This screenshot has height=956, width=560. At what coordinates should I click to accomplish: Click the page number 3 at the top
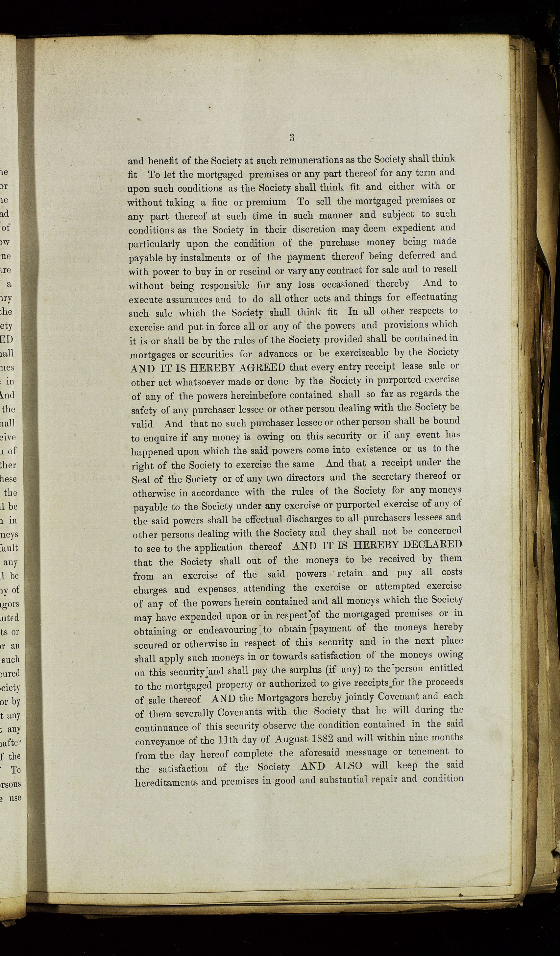coord(292,137)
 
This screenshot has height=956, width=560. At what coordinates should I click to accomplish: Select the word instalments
coord(205,258)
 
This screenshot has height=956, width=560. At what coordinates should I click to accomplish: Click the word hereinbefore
coord(251,395)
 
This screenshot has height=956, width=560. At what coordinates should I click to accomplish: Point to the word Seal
coord(140,480)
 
